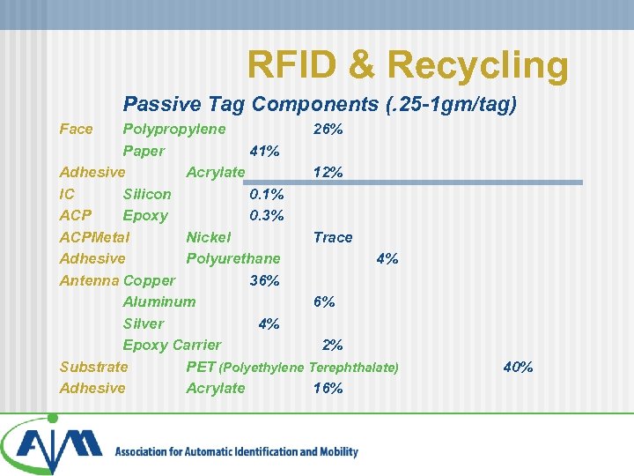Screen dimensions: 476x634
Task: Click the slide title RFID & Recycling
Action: [408, 64]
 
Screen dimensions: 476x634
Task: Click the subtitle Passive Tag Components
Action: [319, 105]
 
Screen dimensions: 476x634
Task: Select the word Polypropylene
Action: [173, 130]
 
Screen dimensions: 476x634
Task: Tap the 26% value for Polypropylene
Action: [328, 130]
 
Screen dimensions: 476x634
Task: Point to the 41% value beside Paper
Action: [265, 151]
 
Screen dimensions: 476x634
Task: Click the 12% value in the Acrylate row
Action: [328, 173]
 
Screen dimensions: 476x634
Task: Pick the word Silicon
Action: [147, 194]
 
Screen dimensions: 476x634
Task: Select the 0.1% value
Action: [267, 194]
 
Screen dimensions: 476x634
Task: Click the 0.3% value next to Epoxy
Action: [267, 216]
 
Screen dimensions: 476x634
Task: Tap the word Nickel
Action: [209, 237]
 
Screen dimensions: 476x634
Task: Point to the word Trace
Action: [333, 237]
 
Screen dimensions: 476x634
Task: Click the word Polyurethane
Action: [233, 258]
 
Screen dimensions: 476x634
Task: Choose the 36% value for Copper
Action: [265, 280]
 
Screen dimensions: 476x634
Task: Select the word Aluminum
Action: [159, 301]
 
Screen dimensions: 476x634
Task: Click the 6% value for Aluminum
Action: [324, 301]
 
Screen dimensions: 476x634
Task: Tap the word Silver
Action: [144, 324]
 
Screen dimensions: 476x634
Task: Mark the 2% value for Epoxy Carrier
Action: [333, 345]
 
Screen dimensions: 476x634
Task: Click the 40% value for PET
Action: [518, 367]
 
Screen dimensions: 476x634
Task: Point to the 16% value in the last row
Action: [328, 388]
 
